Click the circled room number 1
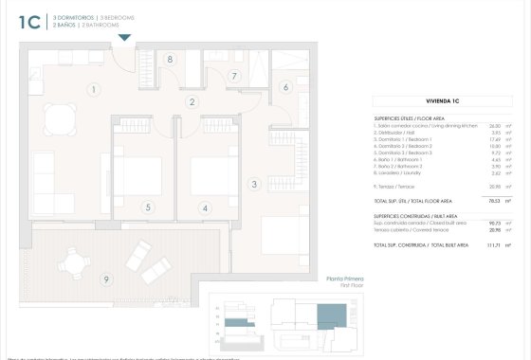tap(94, 90)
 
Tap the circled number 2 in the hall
tap(192, 102)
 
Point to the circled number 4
tap(204, 207)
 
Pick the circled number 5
tap(148, 207)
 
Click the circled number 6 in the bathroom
tap(284, 87)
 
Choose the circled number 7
tap(234, 77)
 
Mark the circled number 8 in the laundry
tap(170, 59)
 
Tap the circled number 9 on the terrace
tap(107, 278)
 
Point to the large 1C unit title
tap(28, 22)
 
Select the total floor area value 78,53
tap(492, 201)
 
